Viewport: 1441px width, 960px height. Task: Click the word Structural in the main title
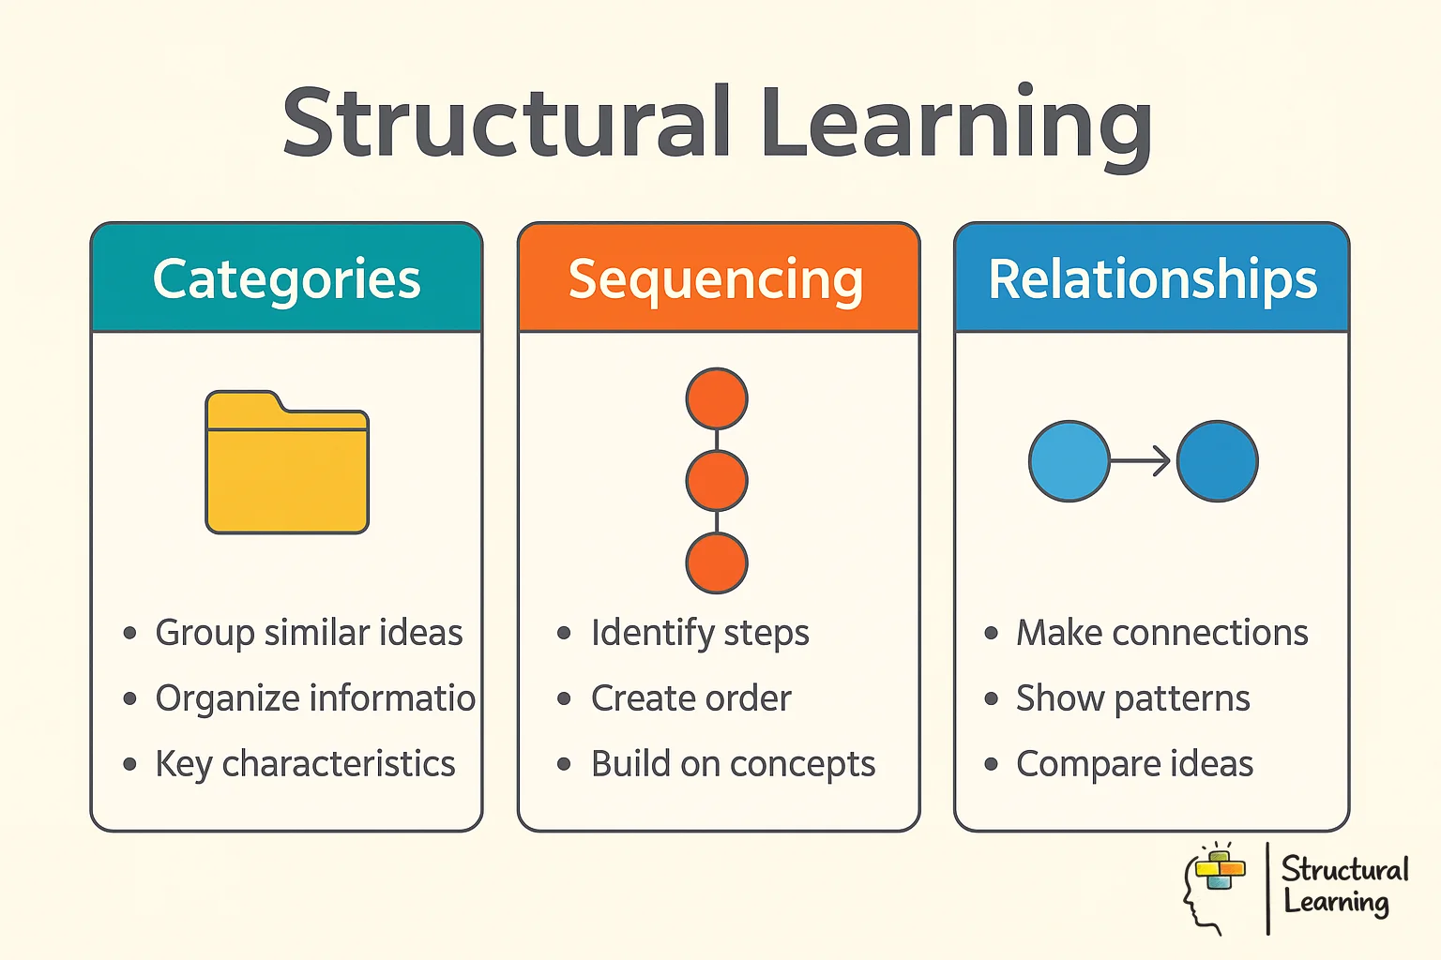(x=507, y=123)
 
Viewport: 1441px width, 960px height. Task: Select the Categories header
(x=287, y=279)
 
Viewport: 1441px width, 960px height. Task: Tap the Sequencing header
(x=717, y=279)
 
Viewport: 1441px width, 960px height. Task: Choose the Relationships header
(x=1152, y=279)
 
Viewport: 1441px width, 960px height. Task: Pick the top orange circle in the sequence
(x=717, y=398)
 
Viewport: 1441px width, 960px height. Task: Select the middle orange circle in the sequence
(x=717, y=481)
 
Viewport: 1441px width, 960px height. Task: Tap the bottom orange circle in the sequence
(x=717, y=562)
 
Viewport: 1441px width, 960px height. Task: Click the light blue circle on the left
(x=1069, y=461)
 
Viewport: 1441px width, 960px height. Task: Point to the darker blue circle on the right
(x=1217, y=461)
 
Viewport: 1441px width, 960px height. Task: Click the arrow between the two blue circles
(x=1142, y=461)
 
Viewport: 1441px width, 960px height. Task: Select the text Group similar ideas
(x=309, y=633)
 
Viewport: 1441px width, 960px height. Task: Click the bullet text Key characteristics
(x=305, y=764)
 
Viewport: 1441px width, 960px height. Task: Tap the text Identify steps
(x=700, y=633)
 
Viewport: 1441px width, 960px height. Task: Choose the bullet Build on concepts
(x=733, y=764)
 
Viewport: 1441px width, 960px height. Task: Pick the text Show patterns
(x=1132, y=698)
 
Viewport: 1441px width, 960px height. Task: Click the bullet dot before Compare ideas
(x=992, y=764)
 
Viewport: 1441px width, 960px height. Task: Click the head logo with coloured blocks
(x=1214, y=886)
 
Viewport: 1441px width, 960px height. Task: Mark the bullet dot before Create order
(x=564, y=698)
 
